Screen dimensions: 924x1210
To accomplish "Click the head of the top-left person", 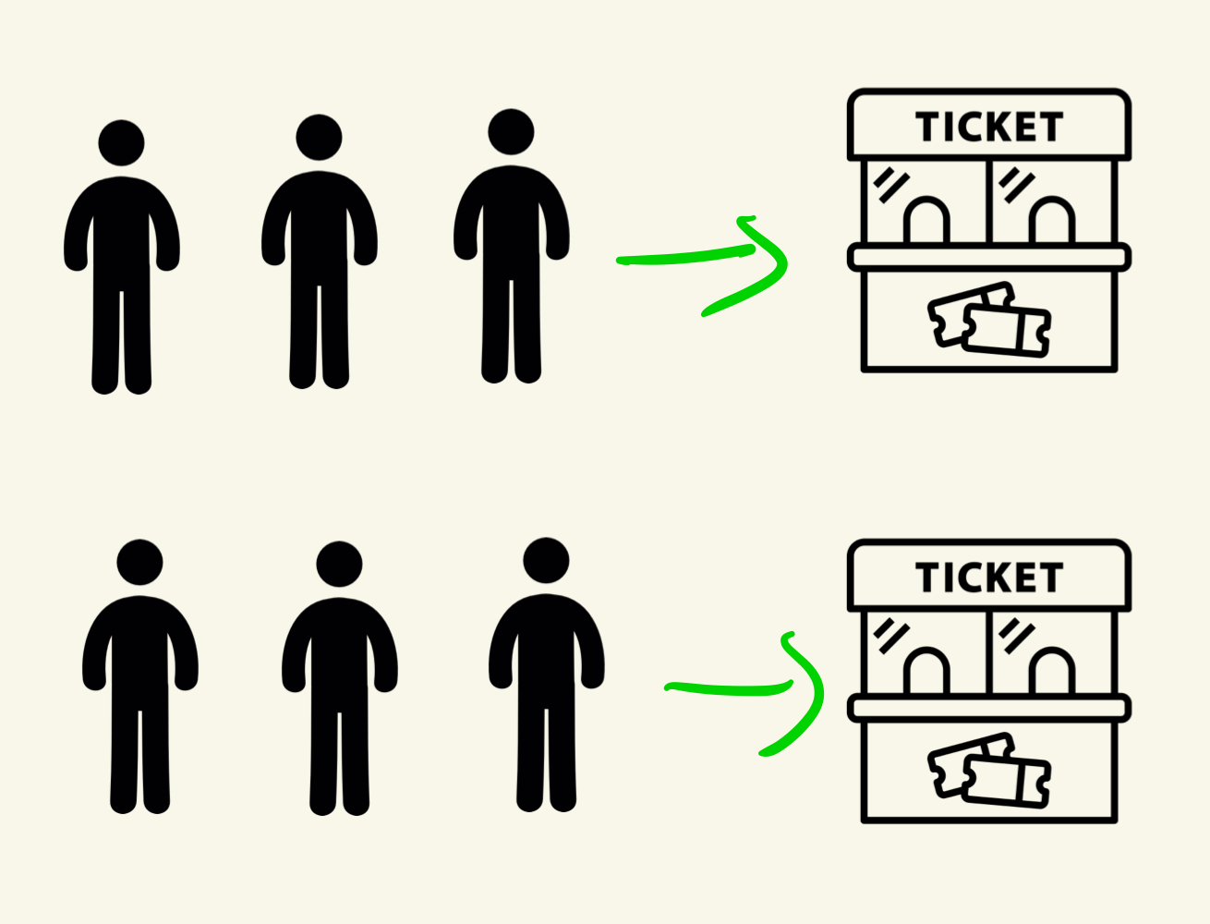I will point(121,143).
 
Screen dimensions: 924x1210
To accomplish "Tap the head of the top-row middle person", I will point(319,138).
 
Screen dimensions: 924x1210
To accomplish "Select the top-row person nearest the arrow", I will point(511,240).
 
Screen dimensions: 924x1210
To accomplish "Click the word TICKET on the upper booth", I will point(989,128).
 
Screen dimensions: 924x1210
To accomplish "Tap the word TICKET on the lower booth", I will point(989,578).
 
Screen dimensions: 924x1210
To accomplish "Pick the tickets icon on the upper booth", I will point(989,320).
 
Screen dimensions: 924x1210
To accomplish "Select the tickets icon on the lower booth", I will point(989,769).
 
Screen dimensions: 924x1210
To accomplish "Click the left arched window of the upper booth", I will point(926,222).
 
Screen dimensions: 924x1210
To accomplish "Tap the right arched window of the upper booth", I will point(1052,222).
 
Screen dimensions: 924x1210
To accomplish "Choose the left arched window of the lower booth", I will point(926,672).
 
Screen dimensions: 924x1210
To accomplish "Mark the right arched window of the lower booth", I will point(1052,672).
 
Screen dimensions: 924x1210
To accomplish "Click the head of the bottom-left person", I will point(140,563).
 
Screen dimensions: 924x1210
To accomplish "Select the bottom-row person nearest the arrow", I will point(546,665).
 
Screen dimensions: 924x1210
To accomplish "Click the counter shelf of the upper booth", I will point(989,257).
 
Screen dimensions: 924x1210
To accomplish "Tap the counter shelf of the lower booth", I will point(989,709).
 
